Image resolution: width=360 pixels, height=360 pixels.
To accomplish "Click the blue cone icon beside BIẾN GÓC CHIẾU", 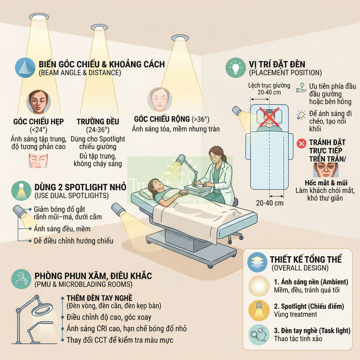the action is [25, 68].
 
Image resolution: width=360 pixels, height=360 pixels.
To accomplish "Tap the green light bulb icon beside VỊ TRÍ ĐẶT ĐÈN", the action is [236, 68].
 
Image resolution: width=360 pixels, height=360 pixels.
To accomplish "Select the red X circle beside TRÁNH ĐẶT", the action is [301, 144].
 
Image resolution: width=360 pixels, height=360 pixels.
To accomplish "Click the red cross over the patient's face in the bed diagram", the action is [269, 117].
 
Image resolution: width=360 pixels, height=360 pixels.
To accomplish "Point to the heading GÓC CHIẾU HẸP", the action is [38, 122].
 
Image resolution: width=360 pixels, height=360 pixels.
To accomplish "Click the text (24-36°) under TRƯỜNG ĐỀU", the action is [98, 130].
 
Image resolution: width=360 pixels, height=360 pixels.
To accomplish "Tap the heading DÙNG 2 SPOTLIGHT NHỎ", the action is [80, 187].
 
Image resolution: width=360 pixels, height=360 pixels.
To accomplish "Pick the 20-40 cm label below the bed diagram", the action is [270, 203].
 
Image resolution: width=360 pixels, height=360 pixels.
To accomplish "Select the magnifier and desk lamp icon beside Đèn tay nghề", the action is [259, 334].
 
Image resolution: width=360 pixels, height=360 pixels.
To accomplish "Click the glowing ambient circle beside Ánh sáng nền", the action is [259, 286].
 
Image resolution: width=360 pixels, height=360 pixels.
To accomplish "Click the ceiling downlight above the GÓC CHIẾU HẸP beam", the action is [39, 17].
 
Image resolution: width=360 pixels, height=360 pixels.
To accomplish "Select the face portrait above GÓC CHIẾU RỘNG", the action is [160, 99].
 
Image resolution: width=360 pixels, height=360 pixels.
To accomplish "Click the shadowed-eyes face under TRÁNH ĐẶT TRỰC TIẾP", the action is [326, 170].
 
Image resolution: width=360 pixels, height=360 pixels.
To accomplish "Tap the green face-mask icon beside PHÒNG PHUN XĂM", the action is [21, 279].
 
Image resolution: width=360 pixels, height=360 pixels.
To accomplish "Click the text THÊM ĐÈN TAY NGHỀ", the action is [100, 298].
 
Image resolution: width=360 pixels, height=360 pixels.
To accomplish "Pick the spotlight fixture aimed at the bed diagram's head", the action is [237, 111].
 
